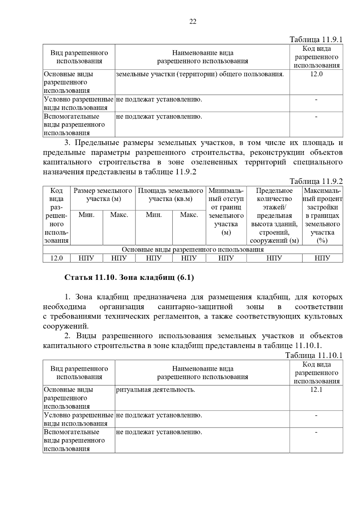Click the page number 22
point(193,21)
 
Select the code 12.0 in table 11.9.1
point(316,74)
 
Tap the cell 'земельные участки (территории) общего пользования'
point(200,74)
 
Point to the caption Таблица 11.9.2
point(316,181)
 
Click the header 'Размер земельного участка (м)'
point(103,195)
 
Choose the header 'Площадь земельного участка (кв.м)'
point(170,195)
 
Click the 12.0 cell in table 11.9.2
point(56,258)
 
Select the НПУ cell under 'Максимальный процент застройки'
point(322,258)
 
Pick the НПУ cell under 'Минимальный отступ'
point(226,258)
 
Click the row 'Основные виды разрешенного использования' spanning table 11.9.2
point(193,250)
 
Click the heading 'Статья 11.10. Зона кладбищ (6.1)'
point(129,278)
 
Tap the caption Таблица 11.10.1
point(313,355)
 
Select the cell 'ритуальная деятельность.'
point(155,390)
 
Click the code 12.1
point(316,390)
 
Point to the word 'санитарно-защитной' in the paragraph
point(195,307)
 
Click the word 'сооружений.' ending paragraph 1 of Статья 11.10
point(66,326)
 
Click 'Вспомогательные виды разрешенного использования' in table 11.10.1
point(74,440)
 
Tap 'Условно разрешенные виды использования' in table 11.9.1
point(78,103)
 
